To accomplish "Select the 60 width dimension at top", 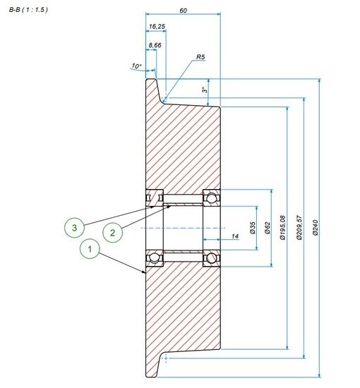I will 183,11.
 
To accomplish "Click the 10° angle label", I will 136,66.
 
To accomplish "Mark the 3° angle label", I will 205,91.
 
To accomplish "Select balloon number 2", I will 111,231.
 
